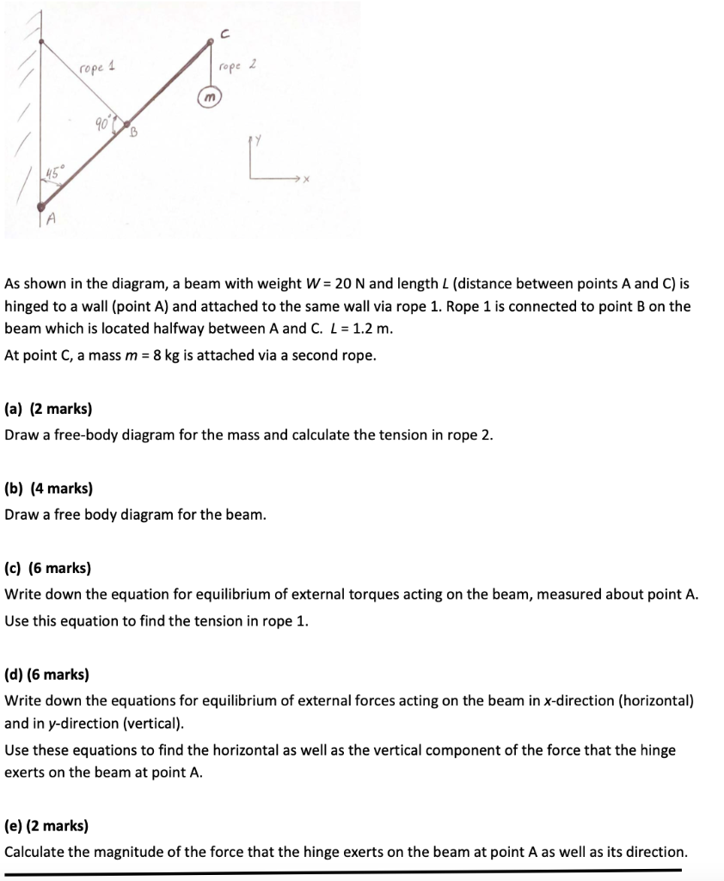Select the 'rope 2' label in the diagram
[x=236, y=66]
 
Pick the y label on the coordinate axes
[x=255, y=139]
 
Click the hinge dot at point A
[x=42, y=205]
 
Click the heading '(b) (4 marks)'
[x=49, y=489]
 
